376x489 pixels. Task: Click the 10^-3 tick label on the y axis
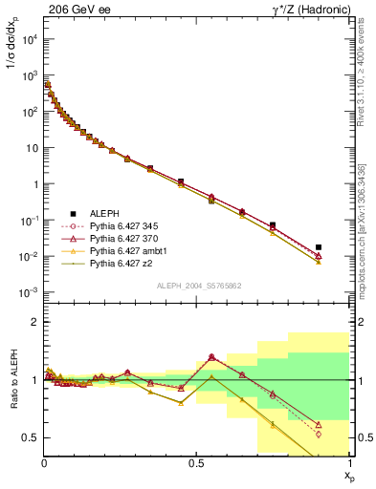tap(28, 293)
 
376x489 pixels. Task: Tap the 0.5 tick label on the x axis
tap(197, 463)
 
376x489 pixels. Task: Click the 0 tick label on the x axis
tap(45, 463)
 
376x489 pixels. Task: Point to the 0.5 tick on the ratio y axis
tap(31, 437)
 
